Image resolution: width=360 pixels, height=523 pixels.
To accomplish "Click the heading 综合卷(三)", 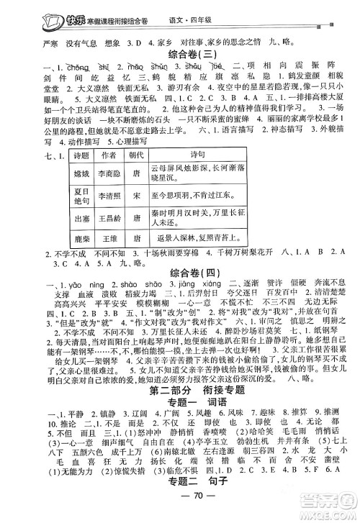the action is [x=179, y=54].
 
